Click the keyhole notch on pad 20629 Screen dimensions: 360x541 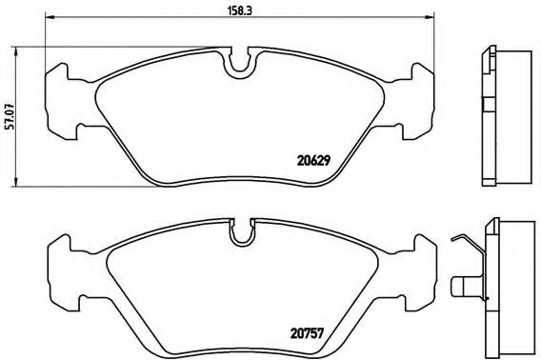tap(243, 63)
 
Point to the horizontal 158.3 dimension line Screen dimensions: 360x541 tap(143, 21)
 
